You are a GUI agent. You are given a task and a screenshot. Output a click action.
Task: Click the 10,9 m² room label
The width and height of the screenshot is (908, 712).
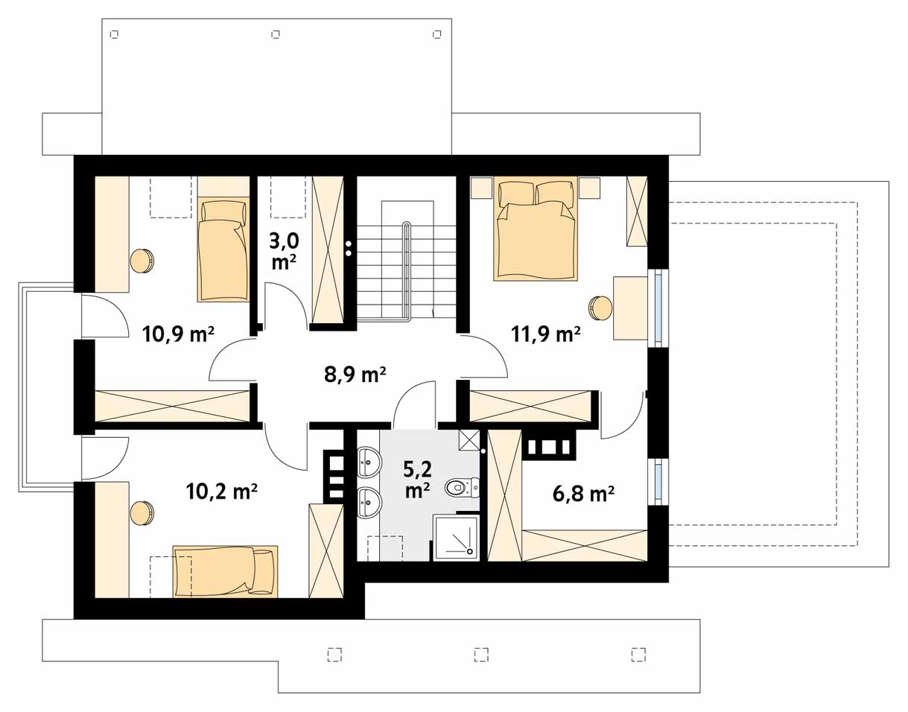[178, 334]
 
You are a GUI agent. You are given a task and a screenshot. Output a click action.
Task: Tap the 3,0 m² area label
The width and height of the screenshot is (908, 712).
[284, 252]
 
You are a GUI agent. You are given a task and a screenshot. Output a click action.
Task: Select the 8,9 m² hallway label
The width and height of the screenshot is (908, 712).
[355, 374]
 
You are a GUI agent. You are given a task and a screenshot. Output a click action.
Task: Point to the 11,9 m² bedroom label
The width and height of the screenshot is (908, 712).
[546, 334]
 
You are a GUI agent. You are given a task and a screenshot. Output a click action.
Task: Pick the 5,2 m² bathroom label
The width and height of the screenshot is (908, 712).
[417, 480]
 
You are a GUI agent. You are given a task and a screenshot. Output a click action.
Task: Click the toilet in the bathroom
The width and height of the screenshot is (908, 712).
[462, 487]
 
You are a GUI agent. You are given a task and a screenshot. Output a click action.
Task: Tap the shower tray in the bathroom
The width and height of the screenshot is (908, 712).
[457, 538]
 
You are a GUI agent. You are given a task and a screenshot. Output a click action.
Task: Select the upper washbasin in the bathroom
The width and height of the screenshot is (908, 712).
[369, 461]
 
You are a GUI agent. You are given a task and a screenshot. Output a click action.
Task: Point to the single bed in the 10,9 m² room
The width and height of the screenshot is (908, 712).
[223, 249]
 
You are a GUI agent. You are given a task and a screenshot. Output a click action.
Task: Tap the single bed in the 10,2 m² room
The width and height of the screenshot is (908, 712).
[226, 571]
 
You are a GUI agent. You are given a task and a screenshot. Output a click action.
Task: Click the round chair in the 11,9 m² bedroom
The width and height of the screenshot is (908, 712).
[600, 308]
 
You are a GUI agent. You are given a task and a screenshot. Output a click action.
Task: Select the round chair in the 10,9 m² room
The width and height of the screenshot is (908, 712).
[142, 261]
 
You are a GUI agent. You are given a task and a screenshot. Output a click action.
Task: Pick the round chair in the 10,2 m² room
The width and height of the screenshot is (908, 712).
[142, 513]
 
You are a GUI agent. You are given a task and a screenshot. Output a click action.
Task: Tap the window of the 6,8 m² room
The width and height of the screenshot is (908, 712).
[658, 483]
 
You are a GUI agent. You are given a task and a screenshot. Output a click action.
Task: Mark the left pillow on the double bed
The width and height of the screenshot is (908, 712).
[516, 193]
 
